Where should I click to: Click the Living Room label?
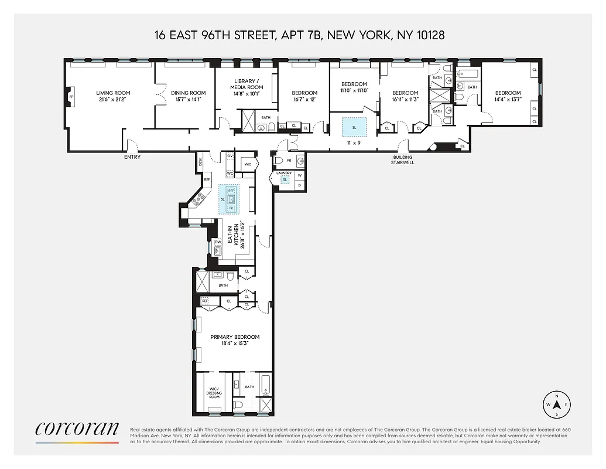click(x=113, y=93)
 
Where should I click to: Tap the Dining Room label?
click(x=189, y=93)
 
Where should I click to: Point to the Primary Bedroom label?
click(x=235, y=337)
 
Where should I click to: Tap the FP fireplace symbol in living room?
click(x=71, y=97)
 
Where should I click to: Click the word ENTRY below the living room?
click(x=132, y=157)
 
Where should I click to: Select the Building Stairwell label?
click(x=403, y=159)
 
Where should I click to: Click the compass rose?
click(x=557, y=405)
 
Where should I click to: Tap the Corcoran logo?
click(x=77, y=429)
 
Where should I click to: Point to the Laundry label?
click(x=284, y=173)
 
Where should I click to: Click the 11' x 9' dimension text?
click(x=354, y=142)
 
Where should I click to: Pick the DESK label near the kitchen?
click(x=200, y=161)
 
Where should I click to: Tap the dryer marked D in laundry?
click(x=300, y=185)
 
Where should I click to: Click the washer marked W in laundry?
click(x=300, y=175)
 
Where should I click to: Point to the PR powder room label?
click(x=289, y=159)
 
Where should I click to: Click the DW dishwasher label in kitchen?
click(x=217, y=242)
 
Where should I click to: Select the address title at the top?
click(x=299, y=35)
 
